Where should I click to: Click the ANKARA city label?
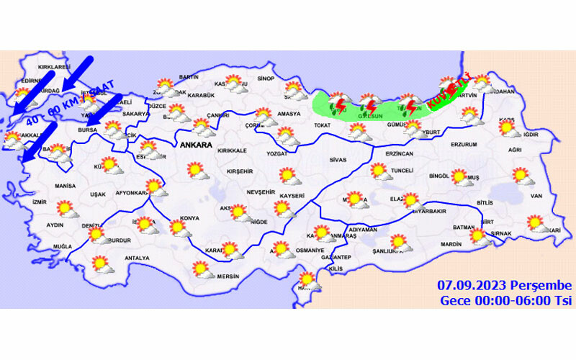pos(195,145)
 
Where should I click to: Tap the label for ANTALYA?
pos(137,258)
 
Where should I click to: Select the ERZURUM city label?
pos(464,145)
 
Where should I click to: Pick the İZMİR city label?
pos(39,202)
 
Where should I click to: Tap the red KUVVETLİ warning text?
pos(448,94)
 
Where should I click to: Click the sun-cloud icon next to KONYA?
pos(179,229)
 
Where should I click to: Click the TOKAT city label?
pos(320,125)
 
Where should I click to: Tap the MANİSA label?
pos(65,186)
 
